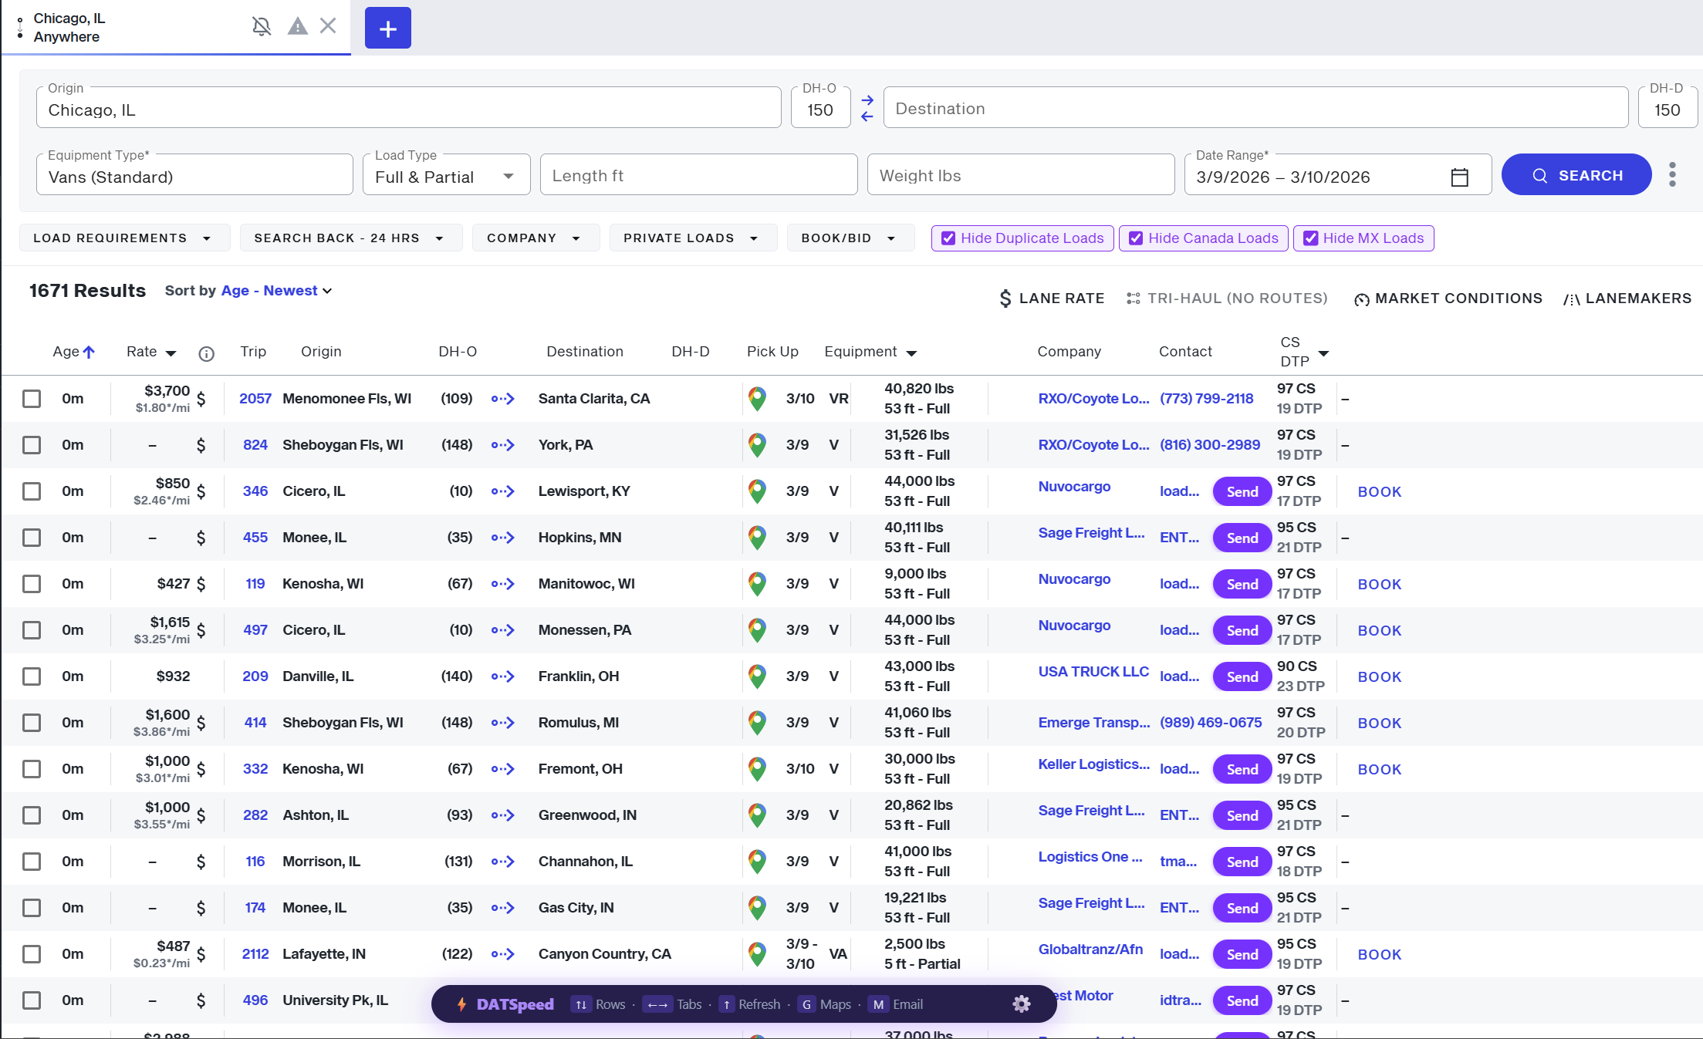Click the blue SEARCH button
[1576, 175]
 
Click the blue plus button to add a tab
[387, 29]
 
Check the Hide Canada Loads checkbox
[1136, 238]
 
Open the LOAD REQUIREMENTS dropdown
[123, 238]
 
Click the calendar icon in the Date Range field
[1459, 177]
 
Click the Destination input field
[1255, 109]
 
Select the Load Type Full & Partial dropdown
[446, 177]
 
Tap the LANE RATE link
[1052, 299]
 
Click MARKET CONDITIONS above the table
[1448, 299]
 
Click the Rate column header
[142, 352]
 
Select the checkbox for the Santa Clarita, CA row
[32, 399]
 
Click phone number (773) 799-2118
[1206, 399]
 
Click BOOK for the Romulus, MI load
[1379, 723]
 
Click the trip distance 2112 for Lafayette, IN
[255, 954]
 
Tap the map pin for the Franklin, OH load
[757, 676]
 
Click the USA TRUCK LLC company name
[1093, 672]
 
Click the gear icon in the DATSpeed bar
[1021, 1004]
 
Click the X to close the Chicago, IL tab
[328, 26]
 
